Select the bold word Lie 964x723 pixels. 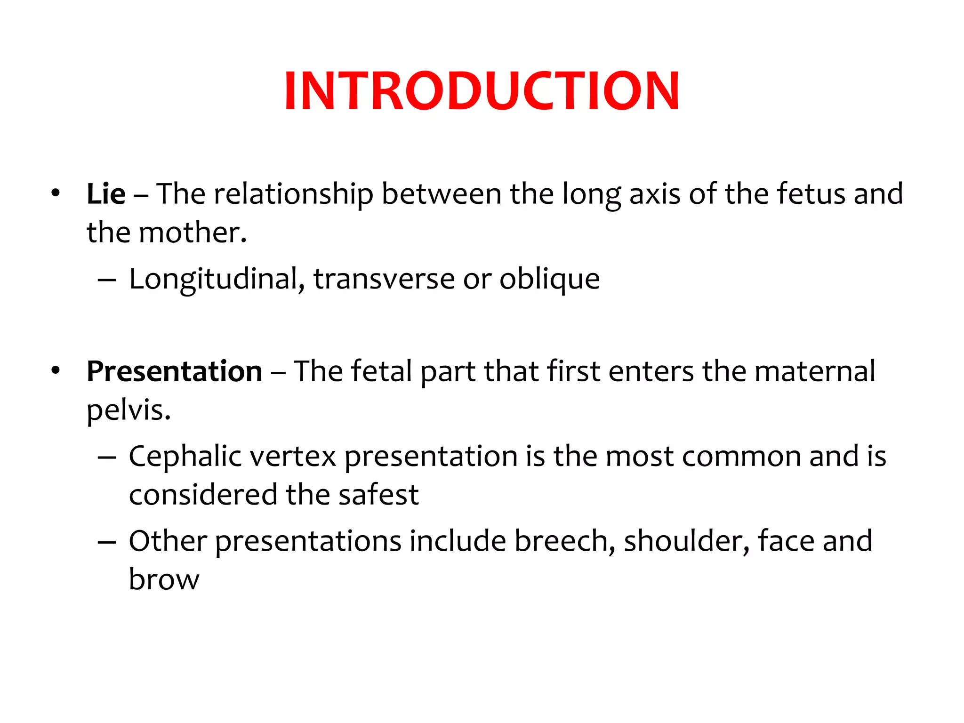(x=106, y=193)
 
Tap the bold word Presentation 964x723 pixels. (x=174, y=371)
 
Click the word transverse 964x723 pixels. (x=384, y=279)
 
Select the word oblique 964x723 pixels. (x=549, y=280)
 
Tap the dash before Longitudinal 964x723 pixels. (x=107, y=280)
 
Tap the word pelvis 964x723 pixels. (x=128, y=410)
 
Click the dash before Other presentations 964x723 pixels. (x=107, y=541)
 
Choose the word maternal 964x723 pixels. (x=814, y=371)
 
